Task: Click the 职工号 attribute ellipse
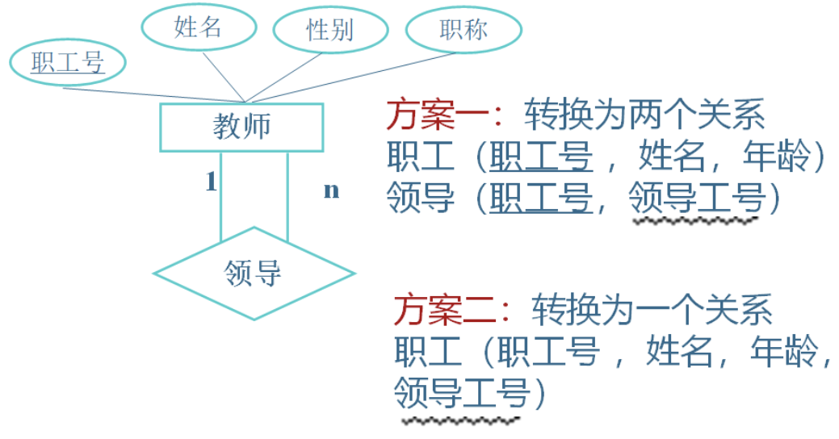(x=68, y=63)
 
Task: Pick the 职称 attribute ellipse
(x=463, y=30)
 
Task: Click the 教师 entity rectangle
(x=241, y=127)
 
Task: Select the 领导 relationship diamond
(x=254, y=274)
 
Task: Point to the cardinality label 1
(x=211, y=183)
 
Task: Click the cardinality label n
(x=331, y=190)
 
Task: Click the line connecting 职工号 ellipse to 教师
(x=153, y=94)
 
